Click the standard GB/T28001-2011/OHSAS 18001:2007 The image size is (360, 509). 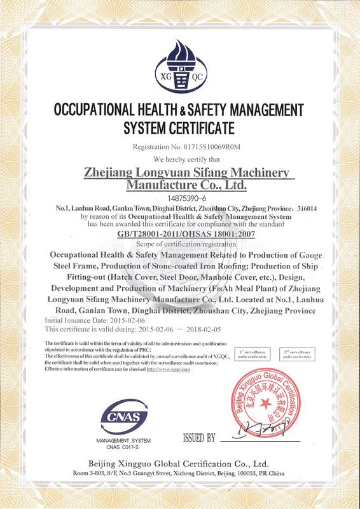(x=180, y=234)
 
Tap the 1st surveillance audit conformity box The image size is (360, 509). (x=253, y=354)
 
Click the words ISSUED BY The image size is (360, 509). (x=199, y=438)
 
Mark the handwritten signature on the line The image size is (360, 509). (x=251, y=435)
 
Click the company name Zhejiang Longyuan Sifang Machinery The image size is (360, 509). (x=187, y=172)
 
